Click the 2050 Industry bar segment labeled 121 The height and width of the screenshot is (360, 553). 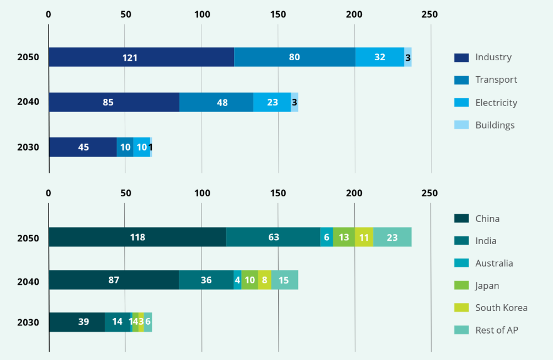(x=141, y=57)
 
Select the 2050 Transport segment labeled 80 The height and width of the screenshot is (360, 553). (x=294, y=57)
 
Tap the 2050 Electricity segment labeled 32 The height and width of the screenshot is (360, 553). (x=380, y=57)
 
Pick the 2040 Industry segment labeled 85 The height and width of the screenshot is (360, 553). (x=114, y=102)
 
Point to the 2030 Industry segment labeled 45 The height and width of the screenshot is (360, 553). (x=83, y=147)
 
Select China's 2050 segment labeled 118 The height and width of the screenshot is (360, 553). (x=137, y=237)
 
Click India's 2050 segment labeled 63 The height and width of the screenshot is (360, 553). (x=273, y=237)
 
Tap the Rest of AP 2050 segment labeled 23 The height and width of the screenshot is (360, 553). (x=392, y=237)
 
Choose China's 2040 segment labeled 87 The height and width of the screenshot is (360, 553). (x=114, y=280)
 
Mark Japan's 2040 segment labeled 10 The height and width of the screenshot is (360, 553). (x=249, y=280)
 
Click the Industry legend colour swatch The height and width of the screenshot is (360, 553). (x=461, y=57)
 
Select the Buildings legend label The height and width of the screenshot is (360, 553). (x=494, y=125)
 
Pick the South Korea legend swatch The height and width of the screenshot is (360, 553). (x=461, y=308)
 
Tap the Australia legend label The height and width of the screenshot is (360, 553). (x=494, y=263)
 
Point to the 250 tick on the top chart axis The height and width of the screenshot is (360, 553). (x=429, y=14)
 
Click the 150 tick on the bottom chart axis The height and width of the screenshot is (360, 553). (x=278, y=193)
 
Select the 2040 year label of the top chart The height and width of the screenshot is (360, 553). (x=28, y=102)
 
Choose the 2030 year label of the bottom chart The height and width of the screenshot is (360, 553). (x=28, y=322)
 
